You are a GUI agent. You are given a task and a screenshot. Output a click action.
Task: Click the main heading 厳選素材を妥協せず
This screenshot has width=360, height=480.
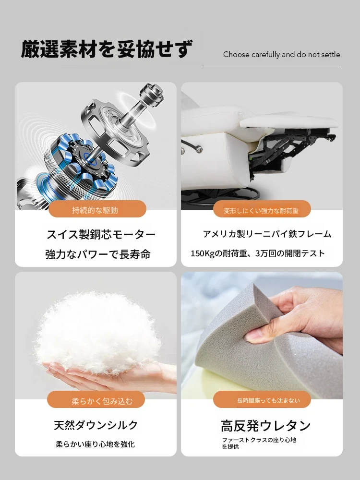click(107, 49)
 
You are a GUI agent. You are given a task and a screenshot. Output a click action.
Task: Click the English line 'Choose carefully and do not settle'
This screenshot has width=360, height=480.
click(281, 55)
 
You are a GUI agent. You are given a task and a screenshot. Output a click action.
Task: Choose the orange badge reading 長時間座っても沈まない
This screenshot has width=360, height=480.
click(262, 399)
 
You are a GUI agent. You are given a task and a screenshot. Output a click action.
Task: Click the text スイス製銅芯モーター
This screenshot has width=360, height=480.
click(101, 235)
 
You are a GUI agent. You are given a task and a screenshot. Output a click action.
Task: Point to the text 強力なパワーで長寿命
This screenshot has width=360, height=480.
click(98, 254)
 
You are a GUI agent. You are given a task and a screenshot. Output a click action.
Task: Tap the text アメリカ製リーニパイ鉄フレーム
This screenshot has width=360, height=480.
click(267, 234)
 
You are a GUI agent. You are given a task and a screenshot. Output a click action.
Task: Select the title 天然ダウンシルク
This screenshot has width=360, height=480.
click(96, 425)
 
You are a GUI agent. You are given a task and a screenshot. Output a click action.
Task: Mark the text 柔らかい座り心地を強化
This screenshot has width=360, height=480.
click(95, 444)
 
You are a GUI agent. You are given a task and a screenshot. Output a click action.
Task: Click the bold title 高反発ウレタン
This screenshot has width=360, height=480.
click(265, 426)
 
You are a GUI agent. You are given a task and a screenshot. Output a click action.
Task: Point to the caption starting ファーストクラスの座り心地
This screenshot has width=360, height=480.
click(259, 443)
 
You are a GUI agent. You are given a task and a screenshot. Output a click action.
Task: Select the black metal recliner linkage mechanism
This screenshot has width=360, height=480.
click(288, 150)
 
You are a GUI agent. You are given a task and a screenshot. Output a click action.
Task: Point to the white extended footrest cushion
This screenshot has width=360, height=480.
click(289, 122)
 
